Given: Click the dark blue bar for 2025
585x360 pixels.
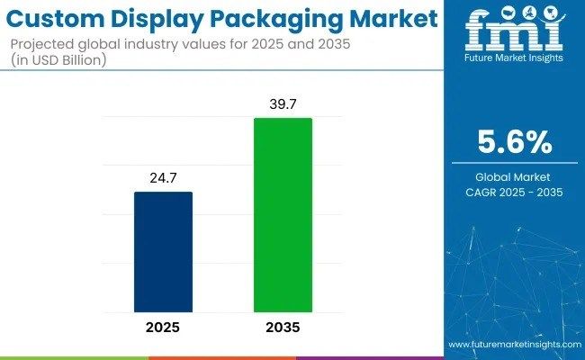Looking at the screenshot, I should (x=164, y=251).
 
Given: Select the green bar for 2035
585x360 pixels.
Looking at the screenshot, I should (x=283, y=214).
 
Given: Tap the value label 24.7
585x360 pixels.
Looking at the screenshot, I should (x=164, y=178).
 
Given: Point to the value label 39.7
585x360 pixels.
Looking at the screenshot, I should (x=283, y=105).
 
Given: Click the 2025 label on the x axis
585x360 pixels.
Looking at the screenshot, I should (x=164, y=327).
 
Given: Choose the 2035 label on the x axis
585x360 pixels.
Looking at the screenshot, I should (x=283, y=327).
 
